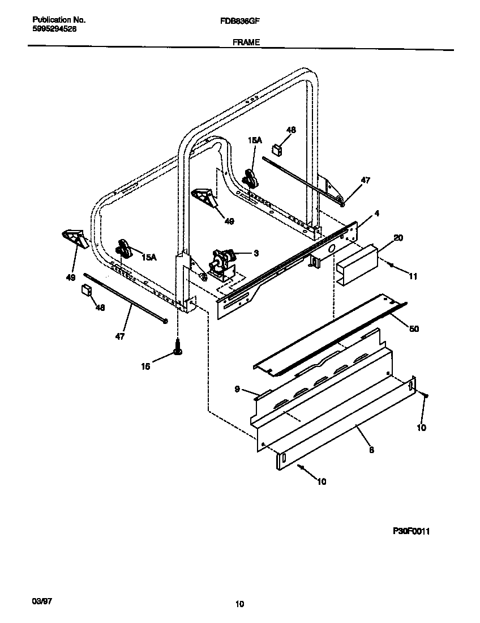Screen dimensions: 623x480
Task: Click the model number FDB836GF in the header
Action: click(x=236, y=20)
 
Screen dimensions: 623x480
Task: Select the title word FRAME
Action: click(x=246, y=42)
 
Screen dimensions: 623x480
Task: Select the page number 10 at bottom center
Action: click(x=239, y=604)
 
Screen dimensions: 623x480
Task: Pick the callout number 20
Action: click(x=398, y=238)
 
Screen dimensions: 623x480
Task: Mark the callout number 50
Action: click(x=414, y=328)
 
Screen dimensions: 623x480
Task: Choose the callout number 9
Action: click(x=238, y=389)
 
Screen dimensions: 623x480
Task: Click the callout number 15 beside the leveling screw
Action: click(x=145, y=366)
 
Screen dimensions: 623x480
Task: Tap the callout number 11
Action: click(x=413, y=276)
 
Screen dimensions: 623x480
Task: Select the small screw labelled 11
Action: click(x=390, y=264)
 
